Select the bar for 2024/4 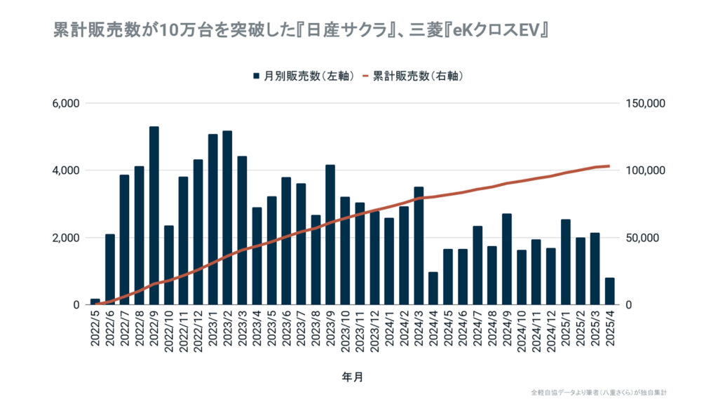click(433, 288)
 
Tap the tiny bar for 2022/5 click(95, 302)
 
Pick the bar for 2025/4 click(609, 291)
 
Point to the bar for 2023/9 click(330, 235)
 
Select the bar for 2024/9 click(506, 260)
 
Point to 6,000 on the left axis click(67, 104)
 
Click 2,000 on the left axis click(67, 238)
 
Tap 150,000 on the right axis click(643, 104)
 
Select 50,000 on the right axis click(640, 238)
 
